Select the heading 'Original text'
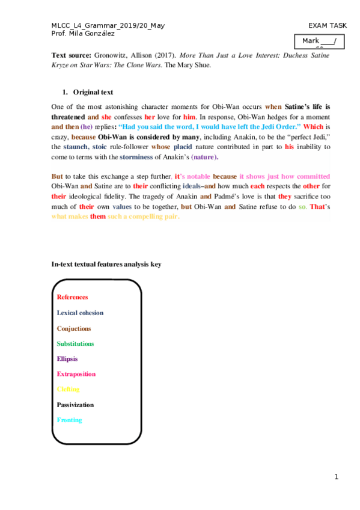coord(93,93)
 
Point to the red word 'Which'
coord(313,127)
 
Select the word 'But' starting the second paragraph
coord(57,177)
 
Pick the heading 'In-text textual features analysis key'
coord(106,264)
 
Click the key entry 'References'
coord(72,297)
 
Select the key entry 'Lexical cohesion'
coord(80,313)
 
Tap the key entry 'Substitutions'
coord(75,343)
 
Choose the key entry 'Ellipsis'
coord(67,359)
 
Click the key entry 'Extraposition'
coord(76,374)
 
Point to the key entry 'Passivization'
coord(75,405)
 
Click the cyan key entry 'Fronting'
coord(69,420)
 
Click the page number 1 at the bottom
coord(337,478)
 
